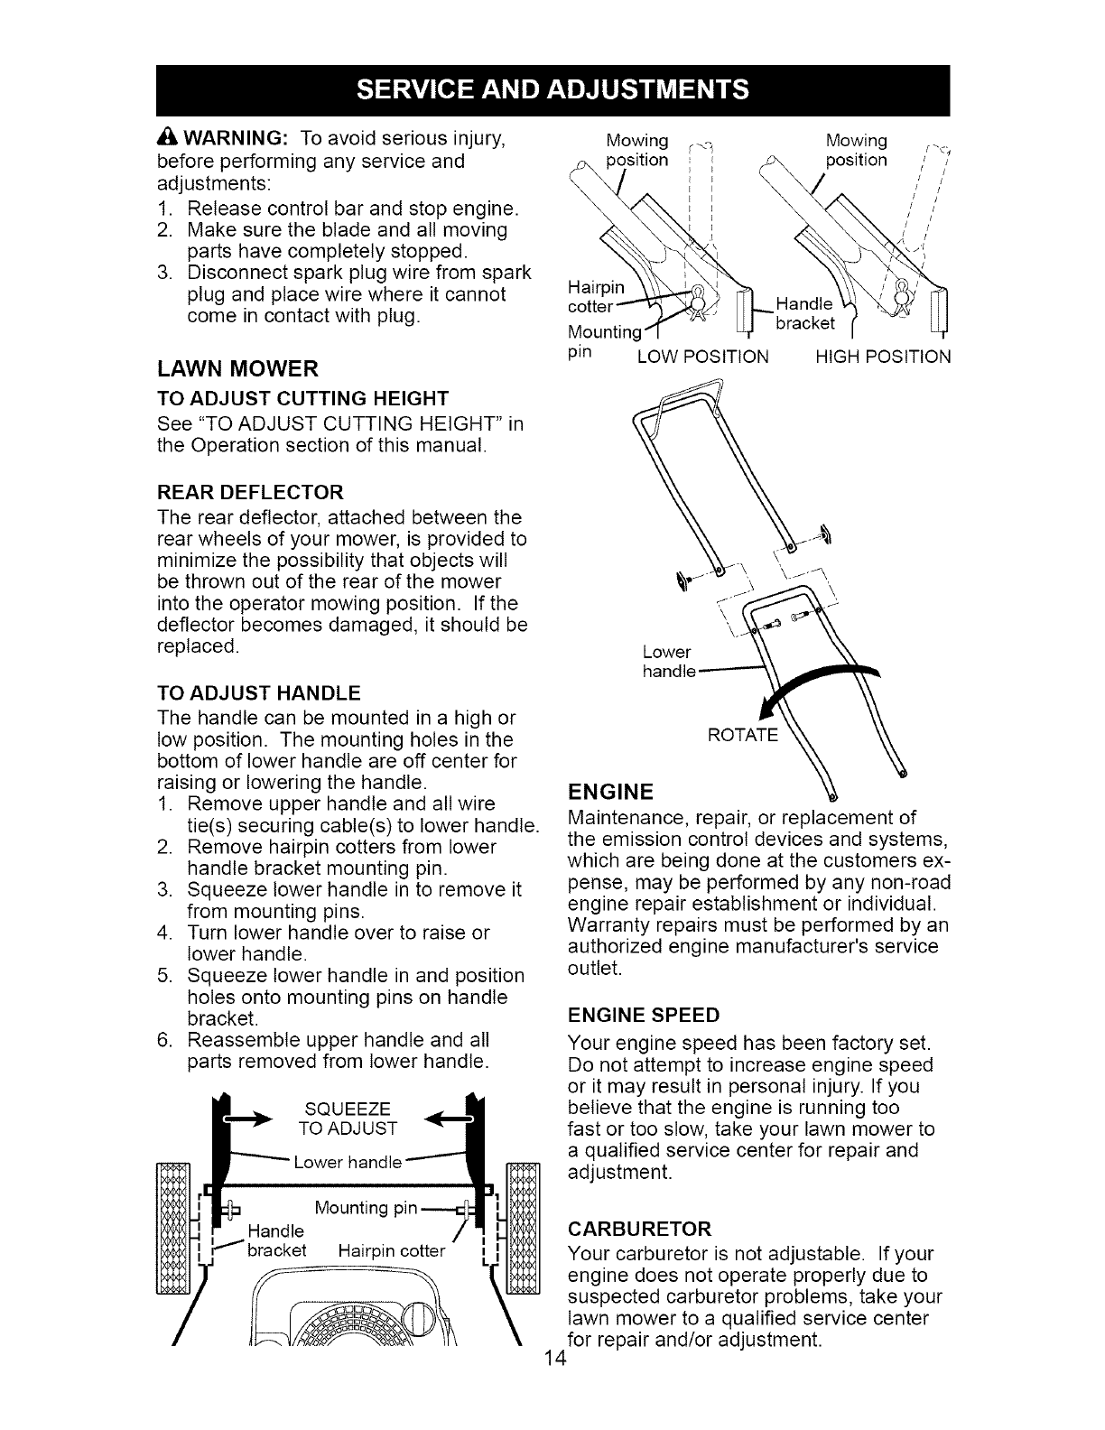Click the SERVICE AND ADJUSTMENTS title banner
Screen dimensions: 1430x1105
click(552, 89)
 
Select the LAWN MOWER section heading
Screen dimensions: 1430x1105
click(237, 368)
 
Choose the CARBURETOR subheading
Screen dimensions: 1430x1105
click(640, 1229)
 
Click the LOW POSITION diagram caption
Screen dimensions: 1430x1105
click(702, 357)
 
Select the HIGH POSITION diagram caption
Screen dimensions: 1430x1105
click(882, 357)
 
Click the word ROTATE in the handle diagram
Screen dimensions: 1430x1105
click(742, 735)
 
